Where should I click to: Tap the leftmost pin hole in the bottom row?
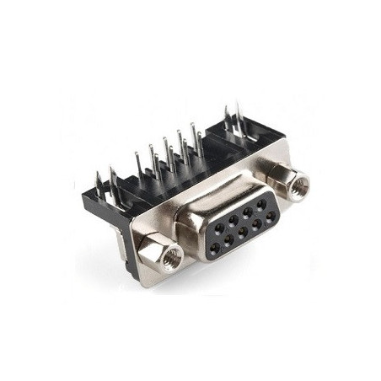(x=212, y=246)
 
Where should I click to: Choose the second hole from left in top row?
(x=233, y=218)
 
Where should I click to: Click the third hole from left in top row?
(x=248, y=211)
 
